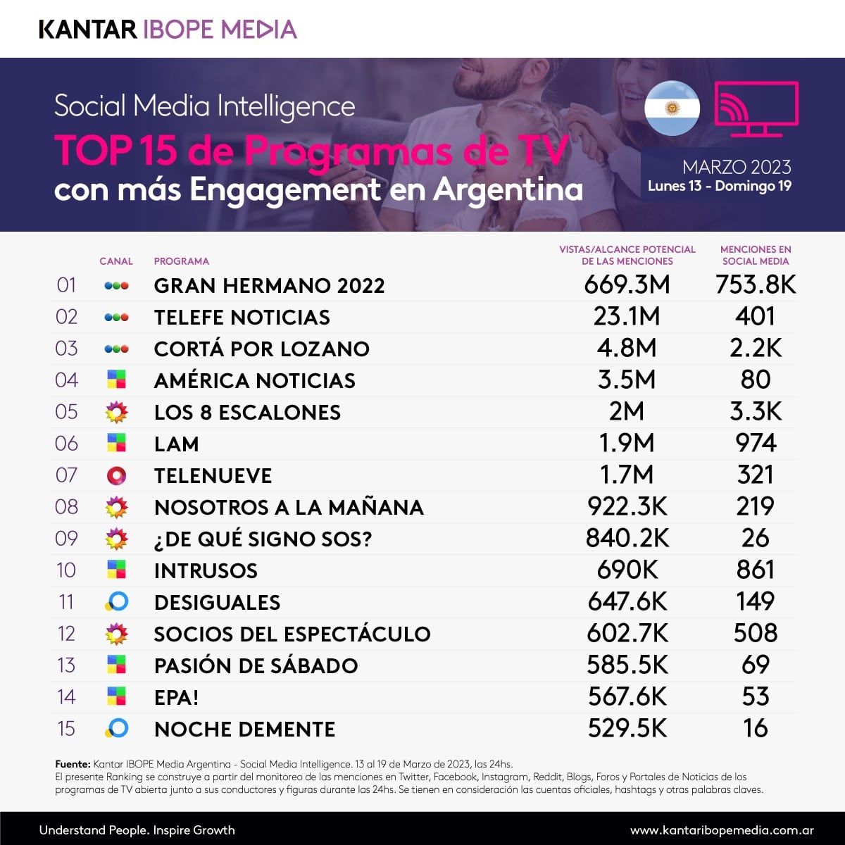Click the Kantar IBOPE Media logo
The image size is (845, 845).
tap(168, 29)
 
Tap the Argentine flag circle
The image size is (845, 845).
tap(672, 108)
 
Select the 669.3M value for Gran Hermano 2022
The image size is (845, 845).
tap(627, 285)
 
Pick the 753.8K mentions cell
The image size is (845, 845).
tap(756, 285)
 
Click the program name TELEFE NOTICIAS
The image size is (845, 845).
tap(242, 318)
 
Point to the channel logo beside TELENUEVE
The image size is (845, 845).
tap(116, 476)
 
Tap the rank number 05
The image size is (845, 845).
tap(66, 412)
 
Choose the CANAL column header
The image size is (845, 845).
tap(116, 261)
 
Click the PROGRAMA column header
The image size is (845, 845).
tap(182, 261)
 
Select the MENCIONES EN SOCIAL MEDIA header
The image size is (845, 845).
tap(756, 255)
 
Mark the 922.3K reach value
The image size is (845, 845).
tap(627, 507)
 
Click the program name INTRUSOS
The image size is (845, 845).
tap(206, 571)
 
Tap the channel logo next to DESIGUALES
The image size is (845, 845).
tap(116, 602)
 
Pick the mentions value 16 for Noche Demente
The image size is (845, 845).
tap(756, 729)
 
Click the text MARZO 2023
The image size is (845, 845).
tap(737, 168)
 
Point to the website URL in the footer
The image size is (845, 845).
tap(722, 830)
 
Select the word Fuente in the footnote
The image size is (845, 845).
tap(73, 764)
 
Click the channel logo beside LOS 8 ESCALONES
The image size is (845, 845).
tap(116, 412)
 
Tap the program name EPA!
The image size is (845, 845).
tap(176, 698)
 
